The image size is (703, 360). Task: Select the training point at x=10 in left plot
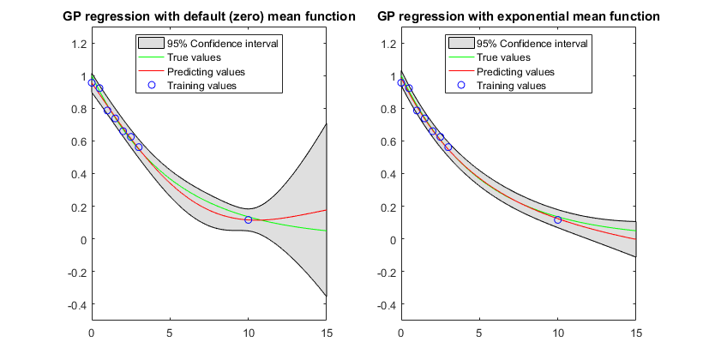tap(249, 220)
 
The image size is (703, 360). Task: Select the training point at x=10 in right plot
tap(558, 220)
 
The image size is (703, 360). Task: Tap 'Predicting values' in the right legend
tap(516, 71)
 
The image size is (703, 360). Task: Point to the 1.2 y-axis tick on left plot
tap(78, 43)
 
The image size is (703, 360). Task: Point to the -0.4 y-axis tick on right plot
tap(385, 305)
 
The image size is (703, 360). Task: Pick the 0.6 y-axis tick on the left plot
tap(78, 141)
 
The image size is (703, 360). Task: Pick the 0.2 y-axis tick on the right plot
tap(388, 207)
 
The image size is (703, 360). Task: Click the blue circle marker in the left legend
tap(152, 85)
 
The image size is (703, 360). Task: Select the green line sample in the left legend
tap(152, 57)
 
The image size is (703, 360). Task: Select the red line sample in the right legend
tap(460, 71)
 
